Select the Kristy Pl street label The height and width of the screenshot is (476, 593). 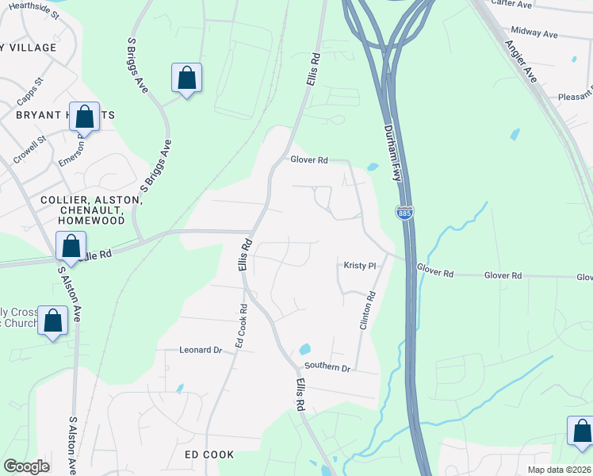(x=358, y=266)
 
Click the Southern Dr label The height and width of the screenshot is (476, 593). (x=327, y=368)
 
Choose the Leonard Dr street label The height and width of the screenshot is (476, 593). (x=200, y=350)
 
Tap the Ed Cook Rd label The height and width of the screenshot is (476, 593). (x=240, y=326)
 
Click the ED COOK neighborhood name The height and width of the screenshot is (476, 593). (x=209, y=455)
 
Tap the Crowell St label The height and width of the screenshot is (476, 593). (x=30, y=148)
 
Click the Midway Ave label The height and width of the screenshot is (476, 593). (x=535, y=33)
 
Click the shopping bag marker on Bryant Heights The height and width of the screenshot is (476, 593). (x=84, y=117)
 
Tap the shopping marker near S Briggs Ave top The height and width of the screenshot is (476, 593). (x=186, y=79)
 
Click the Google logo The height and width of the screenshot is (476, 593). (x=26, y=466)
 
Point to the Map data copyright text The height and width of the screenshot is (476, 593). (x=559, y=469)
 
